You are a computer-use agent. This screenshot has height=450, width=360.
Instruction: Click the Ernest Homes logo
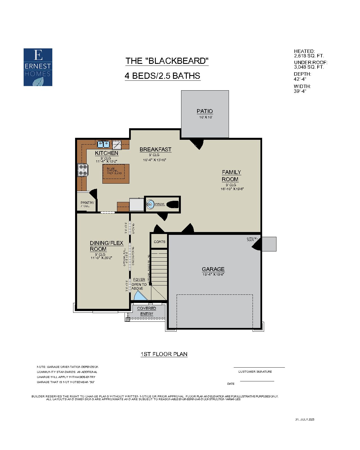tap(38, 67)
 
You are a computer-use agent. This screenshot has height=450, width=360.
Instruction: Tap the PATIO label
tap(205, 111)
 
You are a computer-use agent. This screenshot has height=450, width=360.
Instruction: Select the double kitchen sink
tap(103, 144)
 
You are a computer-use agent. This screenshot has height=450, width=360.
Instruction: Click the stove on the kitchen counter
tap(83, 170)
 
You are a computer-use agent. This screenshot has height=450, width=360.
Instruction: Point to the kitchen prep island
tap(116, 174)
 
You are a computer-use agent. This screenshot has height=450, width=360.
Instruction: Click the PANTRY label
tap(87, 202)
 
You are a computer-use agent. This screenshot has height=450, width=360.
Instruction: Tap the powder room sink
tap(150, 204)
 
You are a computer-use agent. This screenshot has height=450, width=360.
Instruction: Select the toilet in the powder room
tap(172, 204)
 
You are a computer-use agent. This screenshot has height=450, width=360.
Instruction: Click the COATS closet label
tap(159, 242)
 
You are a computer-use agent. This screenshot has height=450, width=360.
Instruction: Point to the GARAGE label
tap(213, 269)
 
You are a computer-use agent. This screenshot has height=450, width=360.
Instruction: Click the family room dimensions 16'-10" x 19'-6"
tap(232, 189)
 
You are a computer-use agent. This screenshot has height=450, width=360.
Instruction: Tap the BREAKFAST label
tap(155, 149)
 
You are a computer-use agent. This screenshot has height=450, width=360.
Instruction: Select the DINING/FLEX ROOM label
tap(106, 246)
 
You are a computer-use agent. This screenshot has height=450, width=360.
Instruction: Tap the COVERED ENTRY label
tap(147, 311)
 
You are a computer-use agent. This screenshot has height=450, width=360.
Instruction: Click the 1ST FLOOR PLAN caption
tap(164, 354)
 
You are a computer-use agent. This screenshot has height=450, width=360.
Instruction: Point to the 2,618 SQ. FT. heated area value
tap(309, 56)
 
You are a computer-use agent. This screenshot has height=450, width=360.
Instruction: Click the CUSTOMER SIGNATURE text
tap(255, 372)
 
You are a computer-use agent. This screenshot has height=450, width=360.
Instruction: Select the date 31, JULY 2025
tap(305, 419)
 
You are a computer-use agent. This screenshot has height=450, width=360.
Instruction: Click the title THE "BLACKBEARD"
tap(167, 61)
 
